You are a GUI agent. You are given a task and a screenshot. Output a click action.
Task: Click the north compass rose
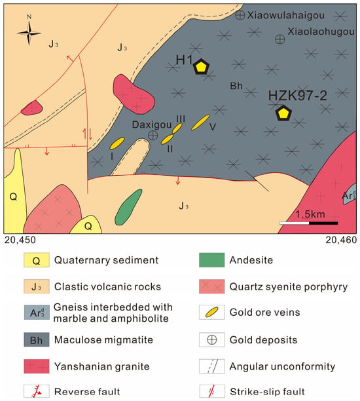tap(29, 33)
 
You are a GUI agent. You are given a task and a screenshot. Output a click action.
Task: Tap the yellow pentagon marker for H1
tap(202, 67)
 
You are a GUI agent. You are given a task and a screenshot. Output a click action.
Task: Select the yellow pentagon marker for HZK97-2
tap(283, 113)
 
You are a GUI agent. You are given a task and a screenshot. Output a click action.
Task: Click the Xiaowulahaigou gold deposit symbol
tap(240, 15)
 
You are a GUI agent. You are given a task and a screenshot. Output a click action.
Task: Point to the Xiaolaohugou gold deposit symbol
tap(279, 39)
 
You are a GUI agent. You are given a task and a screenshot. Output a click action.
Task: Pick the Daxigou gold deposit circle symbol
tap(153, 135)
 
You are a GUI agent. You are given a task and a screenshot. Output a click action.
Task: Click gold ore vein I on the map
tap(117, 143)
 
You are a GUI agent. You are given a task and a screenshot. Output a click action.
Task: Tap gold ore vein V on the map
tap(200, 123)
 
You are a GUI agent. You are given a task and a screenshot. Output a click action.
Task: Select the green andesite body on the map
tap(128, 208)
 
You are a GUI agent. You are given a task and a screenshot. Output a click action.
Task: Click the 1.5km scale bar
tap(309, 223)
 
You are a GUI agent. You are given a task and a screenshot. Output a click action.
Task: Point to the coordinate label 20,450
tap(20, 240)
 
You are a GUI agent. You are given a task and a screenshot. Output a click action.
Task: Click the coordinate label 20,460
tap(341, 240)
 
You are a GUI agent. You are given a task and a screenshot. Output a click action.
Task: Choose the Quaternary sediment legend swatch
tap(36, 260)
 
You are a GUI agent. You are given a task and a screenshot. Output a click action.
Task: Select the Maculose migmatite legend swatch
tap(36, 339)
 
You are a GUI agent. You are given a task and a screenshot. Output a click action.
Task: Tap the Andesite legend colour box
tap(212, 260)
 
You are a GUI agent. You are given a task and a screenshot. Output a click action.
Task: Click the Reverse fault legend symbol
tap(36, 391)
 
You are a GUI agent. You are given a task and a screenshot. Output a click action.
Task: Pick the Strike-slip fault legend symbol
tap(212, 391)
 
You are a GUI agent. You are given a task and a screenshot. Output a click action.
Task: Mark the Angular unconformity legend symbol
tap(212, 366)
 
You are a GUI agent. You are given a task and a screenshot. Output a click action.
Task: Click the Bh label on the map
tap(236, 86)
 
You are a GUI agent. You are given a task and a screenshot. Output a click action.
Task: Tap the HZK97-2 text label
tap(297, 96)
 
